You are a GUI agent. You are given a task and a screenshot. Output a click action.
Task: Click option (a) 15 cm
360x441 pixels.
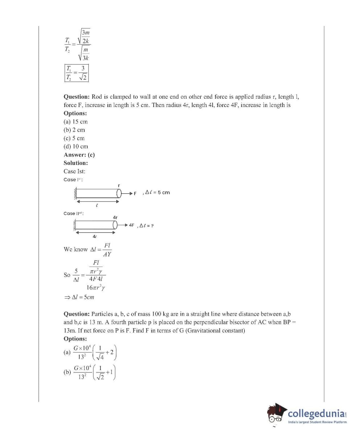[75, 122]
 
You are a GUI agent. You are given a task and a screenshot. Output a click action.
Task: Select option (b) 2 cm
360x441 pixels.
[74, 130]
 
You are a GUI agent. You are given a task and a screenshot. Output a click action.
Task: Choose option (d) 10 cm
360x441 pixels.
[76, 147]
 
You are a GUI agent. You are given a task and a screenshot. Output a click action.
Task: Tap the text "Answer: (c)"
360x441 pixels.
[79, 155]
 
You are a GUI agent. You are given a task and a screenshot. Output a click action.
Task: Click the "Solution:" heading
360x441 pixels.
[76, 163]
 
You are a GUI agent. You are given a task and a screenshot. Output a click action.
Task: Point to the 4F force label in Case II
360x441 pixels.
[131, 225]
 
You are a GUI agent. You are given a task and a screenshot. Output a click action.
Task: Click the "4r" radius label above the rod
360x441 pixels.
[115, 217]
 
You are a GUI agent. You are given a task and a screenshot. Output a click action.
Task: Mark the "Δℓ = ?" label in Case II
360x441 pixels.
[146, 226]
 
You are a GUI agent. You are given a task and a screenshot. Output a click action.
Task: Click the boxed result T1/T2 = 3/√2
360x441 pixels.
[76, 73]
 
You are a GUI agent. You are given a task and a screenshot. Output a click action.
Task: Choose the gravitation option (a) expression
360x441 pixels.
[90, 352]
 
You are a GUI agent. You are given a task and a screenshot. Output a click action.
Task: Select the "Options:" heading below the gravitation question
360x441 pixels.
[75, 339]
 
